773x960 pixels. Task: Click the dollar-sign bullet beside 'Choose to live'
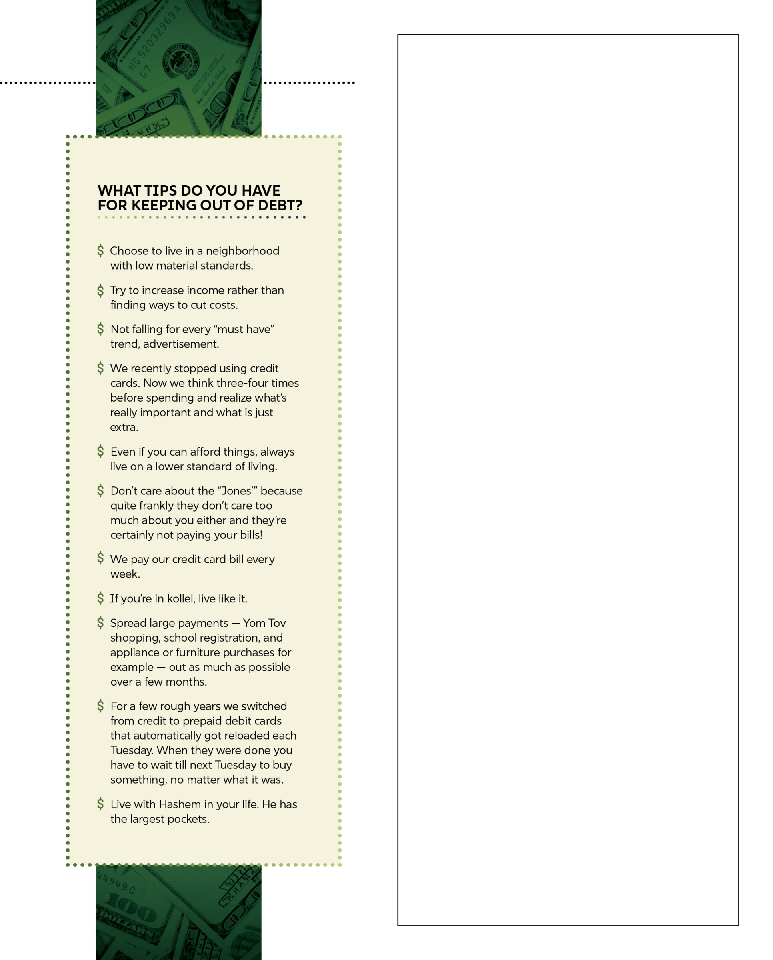coord(101,251)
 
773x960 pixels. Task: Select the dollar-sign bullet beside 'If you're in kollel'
coord(101,598)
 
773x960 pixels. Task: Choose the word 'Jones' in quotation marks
coord(236,491)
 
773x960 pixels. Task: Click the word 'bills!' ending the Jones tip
coord(251,535)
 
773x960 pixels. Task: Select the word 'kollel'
coord(181,599)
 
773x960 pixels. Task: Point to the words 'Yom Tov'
coord(264,623)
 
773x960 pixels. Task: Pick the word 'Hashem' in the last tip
coord(180,805)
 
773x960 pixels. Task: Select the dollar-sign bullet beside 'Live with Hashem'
coord(101,804)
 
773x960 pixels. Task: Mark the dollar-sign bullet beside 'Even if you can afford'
coord(101,452)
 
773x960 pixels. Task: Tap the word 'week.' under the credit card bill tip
coord(125,574)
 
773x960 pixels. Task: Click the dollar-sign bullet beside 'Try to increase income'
coord(101,290)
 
